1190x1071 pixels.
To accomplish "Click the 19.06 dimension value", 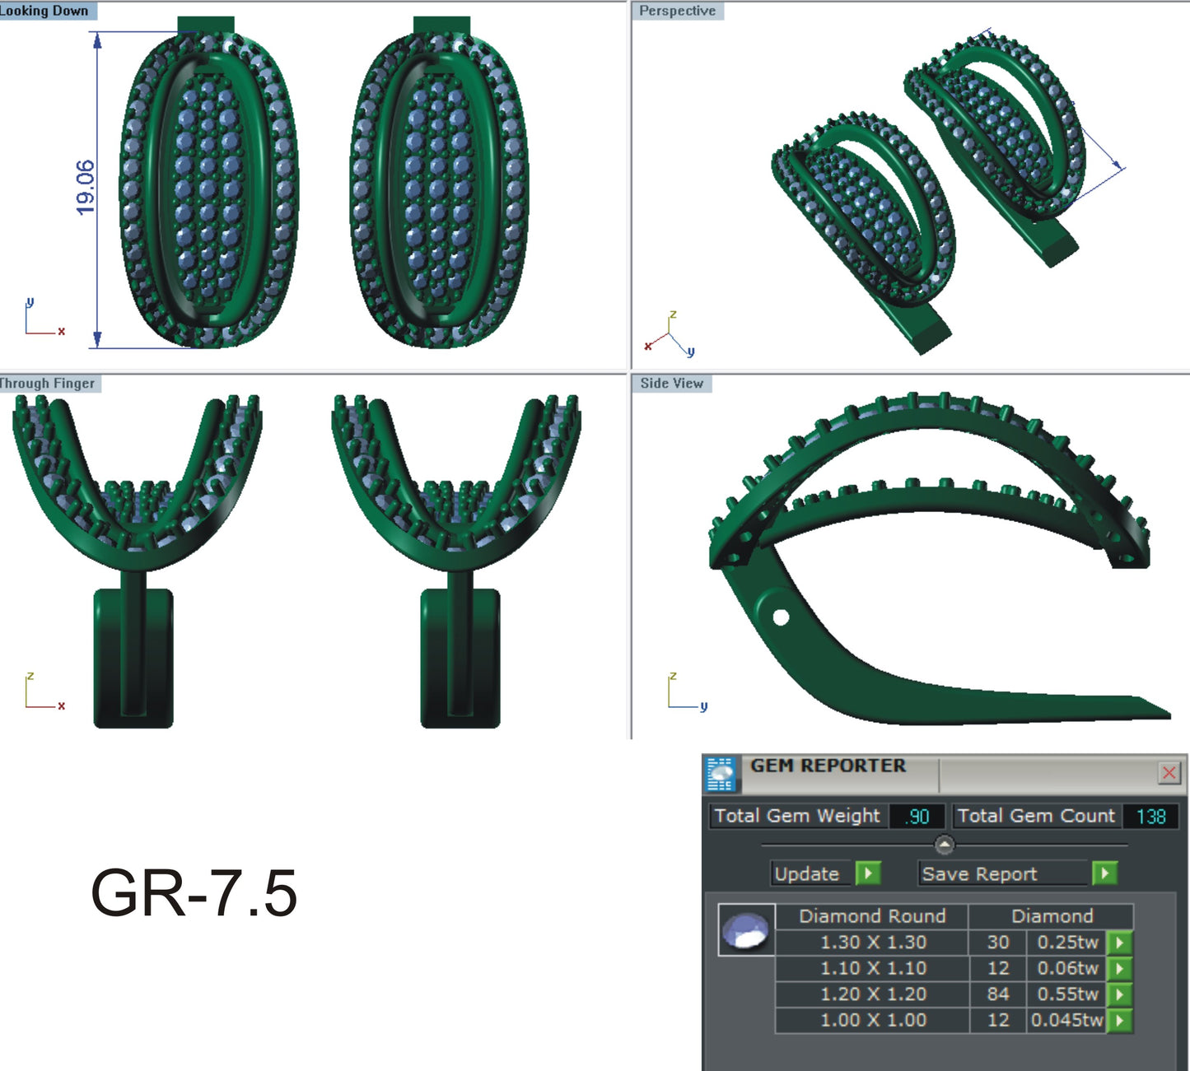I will [x=85, y=188].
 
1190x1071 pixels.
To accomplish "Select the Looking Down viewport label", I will [x=45, y=11].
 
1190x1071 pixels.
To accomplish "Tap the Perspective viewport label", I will [x=677, y=11].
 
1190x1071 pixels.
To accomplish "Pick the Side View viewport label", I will [x=671, y=384].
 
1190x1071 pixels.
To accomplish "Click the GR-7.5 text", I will [x=194, y=893].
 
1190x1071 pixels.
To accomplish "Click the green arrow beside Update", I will [x=868, y=873].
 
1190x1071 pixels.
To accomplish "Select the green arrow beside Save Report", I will [x=1104, y=873].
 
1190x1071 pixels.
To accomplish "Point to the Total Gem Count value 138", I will [x=1150, y=817].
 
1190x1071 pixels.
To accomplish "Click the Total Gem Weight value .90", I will [x=917, y=817].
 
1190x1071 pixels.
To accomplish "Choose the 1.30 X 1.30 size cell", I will [x=873, y=943].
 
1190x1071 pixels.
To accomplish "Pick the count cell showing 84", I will [x=998, y=994].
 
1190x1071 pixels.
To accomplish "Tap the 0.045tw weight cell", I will [x=1066, y=1021].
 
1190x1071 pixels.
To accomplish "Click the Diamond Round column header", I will [x=872, y=916].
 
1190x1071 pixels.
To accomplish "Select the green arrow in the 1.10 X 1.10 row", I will [x=1119, y=969].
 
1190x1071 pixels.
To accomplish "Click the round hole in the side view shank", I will [x=781, y=617].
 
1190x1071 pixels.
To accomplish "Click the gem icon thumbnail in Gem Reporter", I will [x=746, y=930].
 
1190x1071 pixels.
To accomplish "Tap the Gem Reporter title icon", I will [x=721, y=774].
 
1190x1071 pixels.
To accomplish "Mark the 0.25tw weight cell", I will [x=1067, y=943].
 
